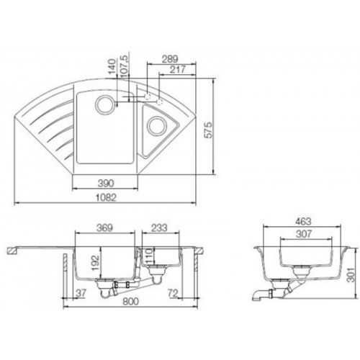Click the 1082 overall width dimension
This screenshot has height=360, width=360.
click(x=106, y=197)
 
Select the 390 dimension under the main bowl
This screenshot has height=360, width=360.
click(x=106, y=184)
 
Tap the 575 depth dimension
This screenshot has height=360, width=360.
click(x=208, y=130)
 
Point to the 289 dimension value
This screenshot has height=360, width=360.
click(x=170, y=59)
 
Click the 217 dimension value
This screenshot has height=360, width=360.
click(x=178, y=70)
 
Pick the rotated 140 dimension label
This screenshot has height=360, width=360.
click(x=112, y=66)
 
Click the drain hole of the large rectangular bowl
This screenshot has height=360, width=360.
click(x=104, y=104)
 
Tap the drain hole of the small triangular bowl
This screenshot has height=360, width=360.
click(x=157, y=126)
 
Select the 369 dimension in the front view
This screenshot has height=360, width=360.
click(x=104, y=228)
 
